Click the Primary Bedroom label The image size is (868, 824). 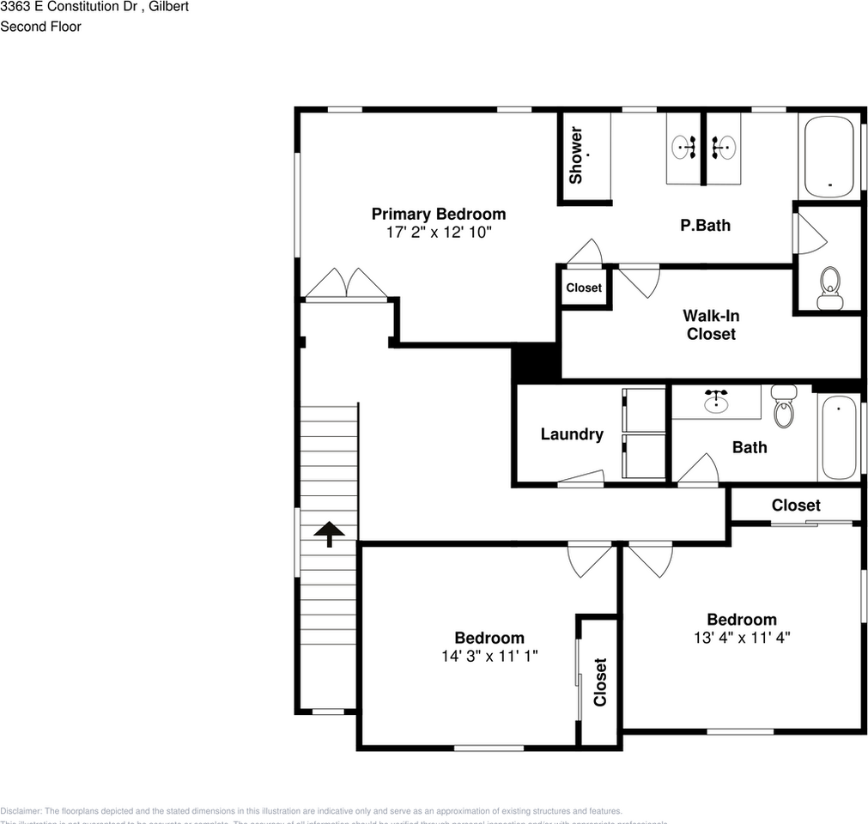(x=438, y=214)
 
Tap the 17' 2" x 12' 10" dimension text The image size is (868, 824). (x=438, y=233)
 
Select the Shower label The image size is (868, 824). (x=576, y=155)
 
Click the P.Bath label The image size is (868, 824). (x=705, y=226)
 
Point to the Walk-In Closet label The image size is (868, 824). (x=711, y=324)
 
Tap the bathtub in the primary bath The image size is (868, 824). (x=829, y=155)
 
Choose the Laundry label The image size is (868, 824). (x=571, y=434)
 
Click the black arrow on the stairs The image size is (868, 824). (x=328, y=534)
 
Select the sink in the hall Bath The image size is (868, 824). (x=716, y=401)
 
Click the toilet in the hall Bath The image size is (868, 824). (x=784, y=408)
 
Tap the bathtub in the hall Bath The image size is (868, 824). (x=838, y=438)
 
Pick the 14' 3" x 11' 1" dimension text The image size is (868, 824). (x=489, y=656)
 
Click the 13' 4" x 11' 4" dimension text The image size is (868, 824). (x=741, y=638)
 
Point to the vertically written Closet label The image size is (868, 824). (x=600, y=682)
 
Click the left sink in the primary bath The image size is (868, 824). (x=686, y=148)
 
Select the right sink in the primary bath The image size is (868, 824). (x=722, y=148)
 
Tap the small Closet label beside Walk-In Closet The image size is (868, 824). (x=584, y=288)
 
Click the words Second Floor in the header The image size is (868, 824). (x=40, y=27)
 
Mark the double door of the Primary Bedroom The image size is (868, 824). (x=347, y=285)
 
